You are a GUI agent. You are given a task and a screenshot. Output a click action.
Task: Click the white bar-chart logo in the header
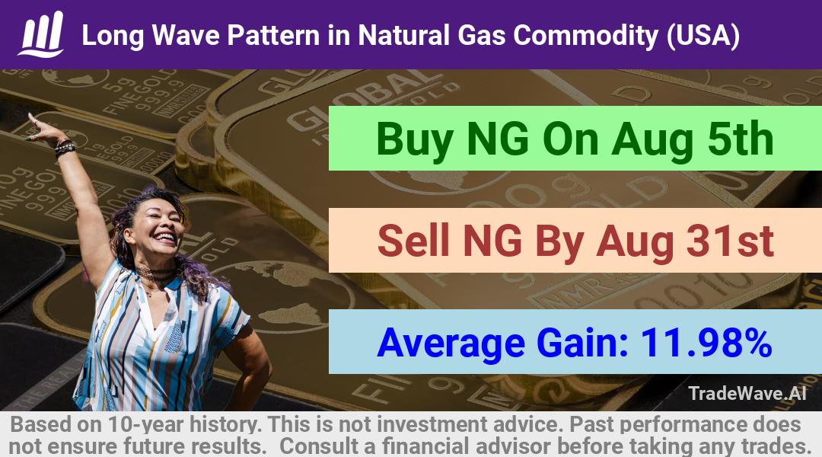click(42, 34)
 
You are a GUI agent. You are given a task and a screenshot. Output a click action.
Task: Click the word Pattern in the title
click(272, 36)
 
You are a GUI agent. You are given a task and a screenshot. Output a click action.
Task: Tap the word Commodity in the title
click(585, 36)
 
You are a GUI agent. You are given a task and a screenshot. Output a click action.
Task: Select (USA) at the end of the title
click(703, 36)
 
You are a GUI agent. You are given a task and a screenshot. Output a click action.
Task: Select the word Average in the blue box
click(451, 344)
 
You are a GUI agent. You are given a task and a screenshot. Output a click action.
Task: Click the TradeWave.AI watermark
click(747, 393)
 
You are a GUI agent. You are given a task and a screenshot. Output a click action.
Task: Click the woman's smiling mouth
click(165, 237)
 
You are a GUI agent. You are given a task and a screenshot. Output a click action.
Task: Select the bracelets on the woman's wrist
click(65, 147)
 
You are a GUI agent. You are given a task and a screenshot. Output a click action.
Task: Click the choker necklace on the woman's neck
click(156, 273)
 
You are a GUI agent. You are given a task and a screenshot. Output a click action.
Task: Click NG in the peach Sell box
click(492, 240)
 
